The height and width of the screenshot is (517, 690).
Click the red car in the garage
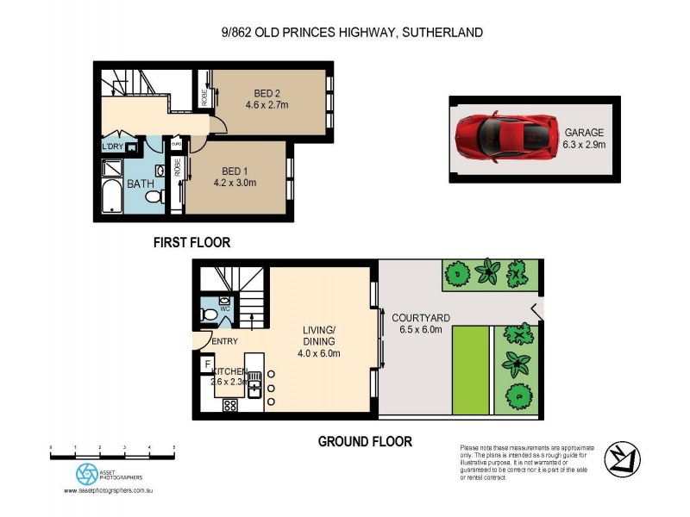pos(503,137)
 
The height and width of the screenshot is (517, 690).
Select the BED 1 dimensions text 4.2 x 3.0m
pos(233,183)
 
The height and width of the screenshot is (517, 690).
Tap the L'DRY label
pos(113,147)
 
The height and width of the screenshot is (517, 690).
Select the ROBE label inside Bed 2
pos(204,99)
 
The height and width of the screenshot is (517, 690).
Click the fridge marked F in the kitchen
pos(207,364)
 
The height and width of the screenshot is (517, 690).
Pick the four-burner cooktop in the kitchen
pos(230,405)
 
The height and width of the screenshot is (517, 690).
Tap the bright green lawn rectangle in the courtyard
pos(471,369)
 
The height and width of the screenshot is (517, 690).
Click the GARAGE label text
pos(584,132)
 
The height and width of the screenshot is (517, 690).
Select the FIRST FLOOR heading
pos(191,242)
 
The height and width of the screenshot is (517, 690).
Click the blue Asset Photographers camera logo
pos(86,473)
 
